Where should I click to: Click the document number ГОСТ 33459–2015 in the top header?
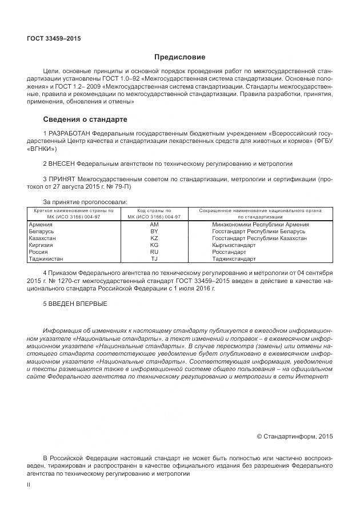(x=54, y=39)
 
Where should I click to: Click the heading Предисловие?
(x=179, y=57)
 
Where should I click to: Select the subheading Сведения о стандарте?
(x=85, y=119)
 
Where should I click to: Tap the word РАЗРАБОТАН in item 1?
(x=71, y=133)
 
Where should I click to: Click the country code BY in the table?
(x=154, y=231)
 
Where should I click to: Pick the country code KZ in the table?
(x=154, y=238)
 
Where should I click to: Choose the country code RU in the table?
(x=154, y=252)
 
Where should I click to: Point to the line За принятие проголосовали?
(x=85, y=202)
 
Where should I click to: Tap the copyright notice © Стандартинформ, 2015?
(x=294, y=436)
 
